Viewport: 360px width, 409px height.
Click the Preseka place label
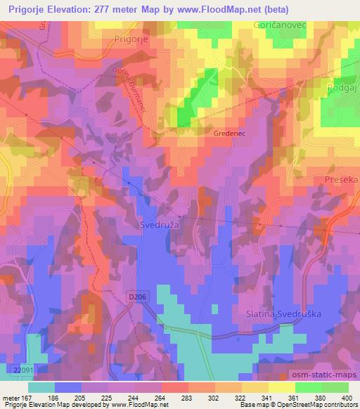[342, 180]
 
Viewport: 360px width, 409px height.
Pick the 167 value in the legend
[27, 397]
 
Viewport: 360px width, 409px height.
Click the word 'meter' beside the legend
[11, 397]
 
